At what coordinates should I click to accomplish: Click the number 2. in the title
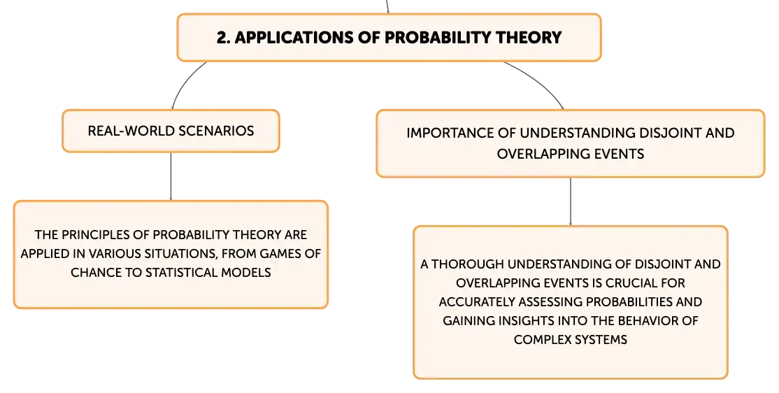(223, 38)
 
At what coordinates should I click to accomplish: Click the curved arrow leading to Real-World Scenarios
(183, 80)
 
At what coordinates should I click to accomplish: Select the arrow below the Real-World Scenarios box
(171, 176)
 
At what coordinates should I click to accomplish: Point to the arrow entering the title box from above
(387, 6)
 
